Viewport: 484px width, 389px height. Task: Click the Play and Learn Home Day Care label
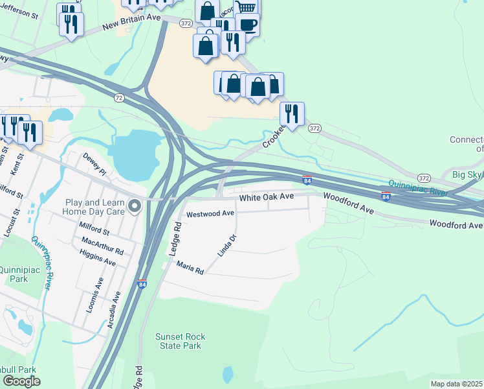[92, 207]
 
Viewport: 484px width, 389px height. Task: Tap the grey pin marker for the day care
[135, 206]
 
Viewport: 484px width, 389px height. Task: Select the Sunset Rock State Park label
[178, 341]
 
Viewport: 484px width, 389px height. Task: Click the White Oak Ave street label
[267, 197]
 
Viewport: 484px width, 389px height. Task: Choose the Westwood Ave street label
[210, 213]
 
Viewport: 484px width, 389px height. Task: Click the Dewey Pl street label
[94, 164]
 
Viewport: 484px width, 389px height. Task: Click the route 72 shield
[118, 98]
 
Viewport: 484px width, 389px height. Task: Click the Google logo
[21, 381]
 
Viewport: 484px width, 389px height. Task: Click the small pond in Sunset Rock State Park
[227, 375]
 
